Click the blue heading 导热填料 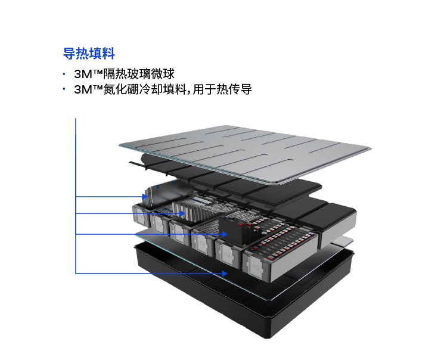click(x=89, y=54)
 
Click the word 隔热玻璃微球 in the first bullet click(x=138, y=74)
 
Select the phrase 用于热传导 click(x=222, y=89)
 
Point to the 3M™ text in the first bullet click(x=88, y=74)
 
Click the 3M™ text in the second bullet click(x=88, y=89)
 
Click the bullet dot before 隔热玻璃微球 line click(x=64, y=74)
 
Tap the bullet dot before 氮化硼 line click(x=64, y=89)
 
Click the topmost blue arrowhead click(x=145, y=197)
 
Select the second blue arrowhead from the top click(x=182, y=213)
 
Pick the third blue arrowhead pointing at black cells click(x=225, y=234)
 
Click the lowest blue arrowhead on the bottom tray click(x=225, y=274)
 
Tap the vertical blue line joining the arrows click(x=76, y=196)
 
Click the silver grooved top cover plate click(x=245, y=153)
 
